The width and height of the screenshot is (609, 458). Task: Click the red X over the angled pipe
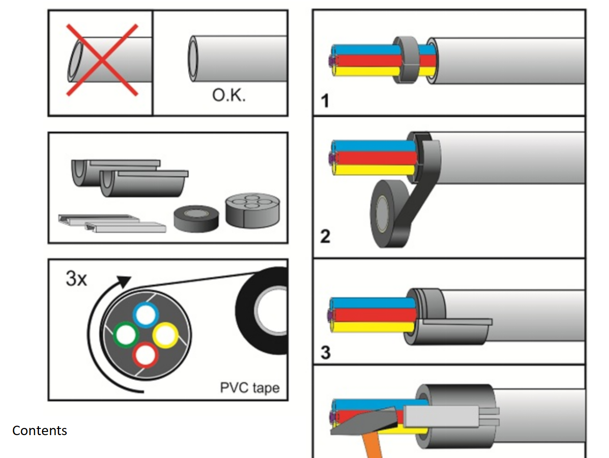(x=102, y=60)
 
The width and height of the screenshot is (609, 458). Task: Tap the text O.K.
(x=229, y=95)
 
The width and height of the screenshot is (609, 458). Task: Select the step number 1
(x=325, y=101)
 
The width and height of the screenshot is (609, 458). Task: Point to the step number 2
(x=325, y=236)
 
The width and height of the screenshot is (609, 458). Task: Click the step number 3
(x=326, y=353)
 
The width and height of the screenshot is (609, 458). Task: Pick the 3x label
(x=76, y=279)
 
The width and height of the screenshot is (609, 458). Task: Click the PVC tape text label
(x=249, y=388)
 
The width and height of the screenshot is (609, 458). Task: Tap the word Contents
(x=39, y=431)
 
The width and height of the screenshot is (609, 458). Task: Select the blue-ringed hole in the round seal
(x=146, y=315)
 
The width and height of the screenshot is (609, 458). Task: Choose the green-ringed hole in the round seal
(x=126, y=335)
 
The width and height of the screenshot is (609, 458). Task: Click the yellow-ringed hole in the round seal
(x=165, y=335)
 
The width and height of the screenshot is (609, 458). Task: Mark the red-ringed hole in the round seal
(x=145, y=355)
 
